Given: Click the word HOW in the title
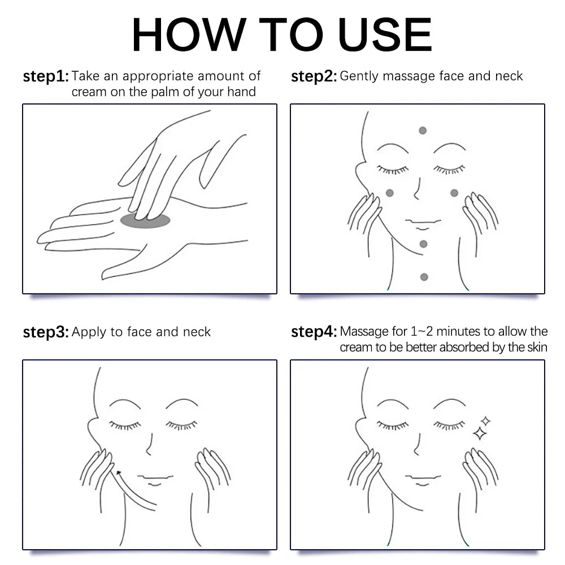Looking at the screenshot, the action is pos(189,34).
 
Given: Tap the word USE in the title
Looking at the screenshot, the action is pos(385,34).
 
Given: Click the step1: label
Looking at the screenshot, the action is pos(46,76).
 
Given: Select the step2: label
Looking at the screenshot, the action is pos(314,76).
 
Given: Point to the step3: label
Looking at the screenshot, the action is pos(46,332).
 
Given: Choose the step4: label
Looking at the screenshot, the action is pos(314,332).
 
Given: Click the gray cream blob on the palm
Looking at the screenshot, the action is pos(145,220).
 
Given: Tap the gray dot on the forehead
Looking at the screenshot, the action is pos(423,131).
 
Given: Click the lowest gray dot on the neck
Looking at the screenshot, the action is pos(424,277).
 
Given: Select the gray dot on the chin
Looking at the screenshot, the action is pos(424,244).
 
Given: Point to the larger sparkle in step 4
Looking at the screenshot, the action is pos(480,433).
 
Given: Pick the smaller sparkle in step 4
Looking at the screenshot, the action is pos(485,421).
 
